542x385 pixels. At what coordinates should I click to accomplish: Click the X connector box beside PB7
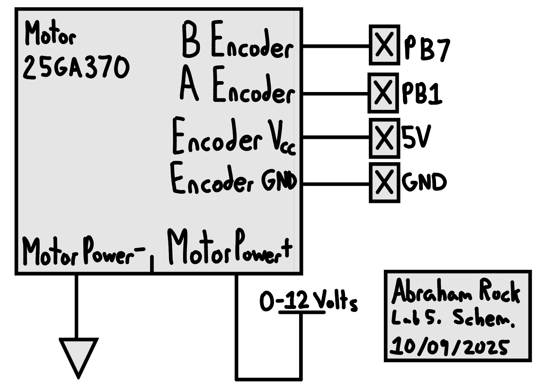(x=384, y=45)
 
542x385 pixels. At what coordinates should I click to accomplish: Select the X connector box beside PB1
(x=383, y=93)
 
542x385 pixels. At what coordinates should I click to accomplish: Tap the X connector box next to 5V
(x=384, y=138)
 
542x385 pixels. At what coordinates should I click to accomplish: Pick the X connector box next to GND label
(x=384, y=182)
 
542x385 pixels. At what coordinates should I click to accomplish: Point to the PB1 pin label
(x=422, y=93)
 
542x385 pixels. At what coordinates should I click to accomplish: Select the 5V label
(x=416, y=137)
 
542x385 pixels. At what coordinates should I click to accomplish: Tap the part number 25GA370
(x=76, y=68)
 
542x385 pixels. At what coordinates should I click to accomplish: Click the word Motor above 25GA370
(x=50, y=34)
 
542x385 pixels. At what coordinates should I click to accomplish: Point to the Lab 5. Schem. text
(x=452, y=318)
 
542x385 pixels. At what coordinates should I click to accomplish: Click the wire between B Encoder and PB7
(x=335, y=46)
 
